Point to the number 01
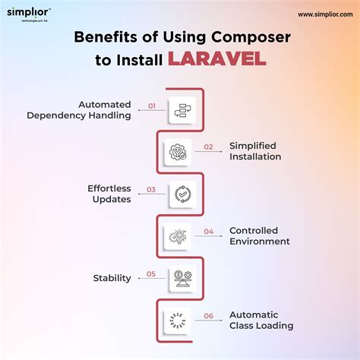click(x=151, y=107)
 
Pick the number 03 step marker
click(x=151, y=191)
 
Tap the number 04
click(x=209, y=232)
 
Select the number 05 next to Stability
click(x=151, y=274)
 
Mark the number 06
click(x=209, y=316)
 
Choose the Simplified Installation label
click(x=255, y=151)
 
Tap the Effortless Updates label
click(x=109, y=194)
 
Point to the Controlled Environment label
click(x=259, y=235)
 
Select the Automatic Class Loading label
click(x=261, y=320)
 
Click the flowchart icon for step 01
click(x=181, y=110)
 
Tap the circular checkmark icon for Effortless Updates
click(x=181, y=194)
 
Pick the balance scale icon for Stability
click(x=181, y=278)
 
